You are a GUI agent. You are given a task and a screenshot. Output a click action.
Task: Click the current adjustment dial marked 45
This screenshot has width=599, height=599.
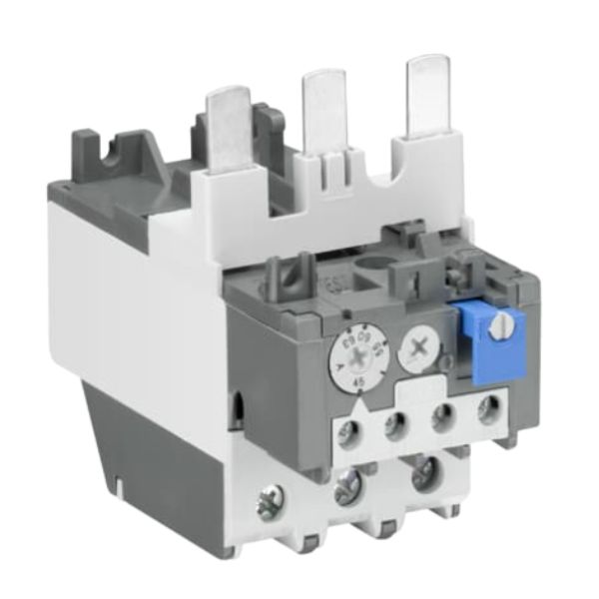coord(357,354)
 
